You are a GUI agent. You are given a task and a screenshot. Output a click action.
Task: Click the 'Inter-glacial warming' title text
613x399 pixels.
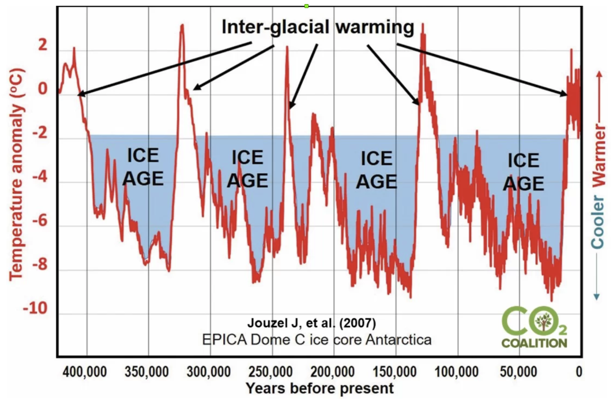318,27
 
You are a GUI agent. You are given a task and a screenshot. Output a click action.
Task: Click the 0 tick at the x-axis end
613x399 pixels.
578,370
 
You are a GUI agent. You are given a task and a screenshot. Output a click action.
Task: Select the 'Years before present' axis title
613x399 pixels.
319,387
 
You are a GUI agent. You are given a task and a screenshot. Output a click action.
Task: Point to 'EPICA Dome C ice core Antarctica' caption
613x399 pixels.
317,339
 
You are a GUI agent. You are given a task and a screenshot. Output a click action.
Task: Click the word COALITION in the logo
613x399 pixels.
533,343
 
